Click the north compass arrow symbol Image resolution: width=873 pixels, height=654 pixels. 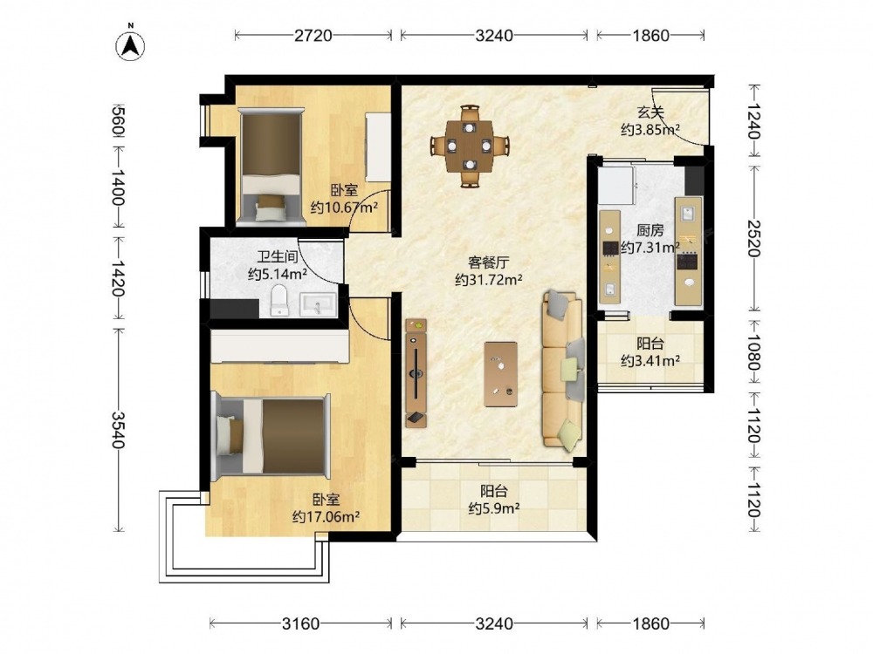(x=130, y=44)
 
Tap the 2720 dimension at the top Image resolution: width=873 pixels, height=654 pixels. (x=313, y=36)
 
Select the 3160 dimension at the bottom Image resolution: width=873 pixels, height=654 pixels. (x=300, y=623)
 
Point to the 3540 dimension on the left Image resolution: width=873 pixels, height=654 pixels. (x=118, y=429)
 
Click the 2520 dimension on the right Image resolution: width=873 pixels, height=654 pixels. (x=754, y=239)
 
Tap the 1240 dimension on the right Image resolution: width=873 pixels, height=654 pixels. (x=754, y=121)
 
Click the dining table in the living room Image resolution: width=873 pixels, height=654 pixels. (x=470, y=146)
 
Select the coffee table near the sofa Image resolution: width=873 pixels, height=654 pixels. (x=500, y=374)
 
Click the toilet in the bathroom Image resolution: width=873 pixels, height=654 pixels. (x=279, y=300)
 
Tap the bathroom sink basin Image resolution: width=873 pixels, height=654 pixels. (x=318, y=304)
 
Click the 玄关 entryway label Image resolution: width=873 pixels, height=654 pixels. (x=650, y=112)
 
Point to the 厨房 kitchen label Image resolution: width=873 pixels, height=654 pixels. (x=650, y=229)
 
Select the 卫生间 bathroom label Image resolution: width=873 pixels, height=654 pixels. (x=278, y=256)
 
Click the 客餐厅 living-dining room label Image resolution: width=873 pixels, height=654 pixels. (x=488, y=262)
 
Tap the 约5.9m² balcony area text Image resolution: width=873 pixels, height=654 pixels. (x=494, y=508)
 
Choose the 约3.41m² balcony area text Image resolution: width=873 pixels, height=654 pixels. (x=650, y=361)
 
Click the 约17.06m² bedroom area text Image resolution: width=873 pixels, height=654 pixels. (x=326, y=517)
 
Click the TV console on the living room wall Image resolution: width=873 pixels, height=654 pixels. (x=416, y=373)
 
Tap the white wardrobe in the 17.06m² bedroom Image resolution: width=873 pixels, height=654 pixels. (x=280, y=346)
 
